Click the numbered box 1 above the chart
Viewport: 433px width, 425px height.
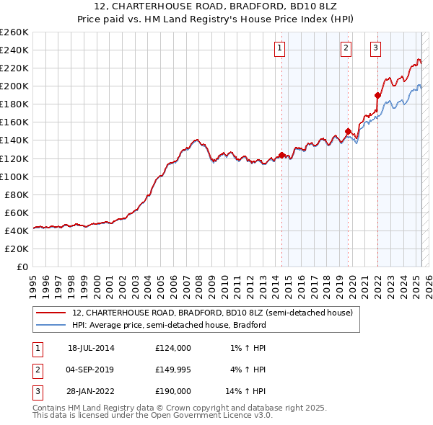pyautogui.click(x=279, y=48)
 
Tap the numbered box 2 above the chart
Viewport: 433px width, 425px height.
pyautogui.click(x=346, y=48)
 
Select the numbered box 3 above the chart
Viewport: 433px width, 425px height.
pyautogui.click(x=376, y=48)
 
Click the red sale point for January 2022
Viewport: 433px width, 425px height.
pyautogui.click(x=377, y=94)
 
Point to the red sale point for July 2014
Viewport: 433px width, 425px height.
pyautogui.click(x=281, y=154)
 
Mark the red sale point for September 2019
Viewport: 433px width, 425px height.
pyautogui.click(x=348, y=131)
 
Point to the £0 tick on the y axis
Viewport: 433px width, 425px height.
pyautogui.click(x=23, y=267)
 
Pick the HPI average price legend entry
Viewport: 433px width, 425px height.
pyautogui.click(x=169, y=325)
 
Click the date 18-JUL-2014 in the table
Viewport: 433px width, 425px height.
pyautogui.click(x=91, y=348)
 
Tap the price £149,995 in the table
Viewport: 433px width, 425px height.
pyautogui.click(x=173, y=370)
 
